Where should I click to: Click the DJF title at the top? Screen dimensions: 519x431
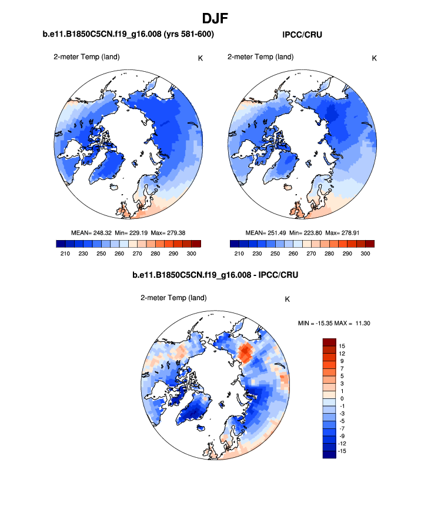(x=215, y=18)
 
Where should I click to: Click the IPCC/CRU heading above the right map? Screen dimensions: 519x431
(x=302, y=35)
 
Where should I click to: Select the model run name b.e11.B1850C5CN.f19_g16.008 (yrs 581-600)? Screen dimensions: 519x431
(x=128, y=35)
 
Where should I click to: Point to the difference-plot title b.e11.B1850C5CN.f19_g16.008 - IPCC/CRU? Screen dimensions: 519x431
(x=215, y=275)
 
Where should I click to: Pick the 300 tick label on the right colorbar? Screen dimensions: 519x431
(x=365, y=253)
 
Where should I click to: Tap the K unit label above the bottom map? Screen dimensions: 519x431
(x=287, y=299)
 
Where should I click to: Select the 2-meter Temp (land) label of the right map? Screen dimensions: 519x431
(x=260, y=57)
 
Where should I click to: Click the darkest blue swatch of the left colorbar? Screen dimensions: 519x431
(x=61, y=244)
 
